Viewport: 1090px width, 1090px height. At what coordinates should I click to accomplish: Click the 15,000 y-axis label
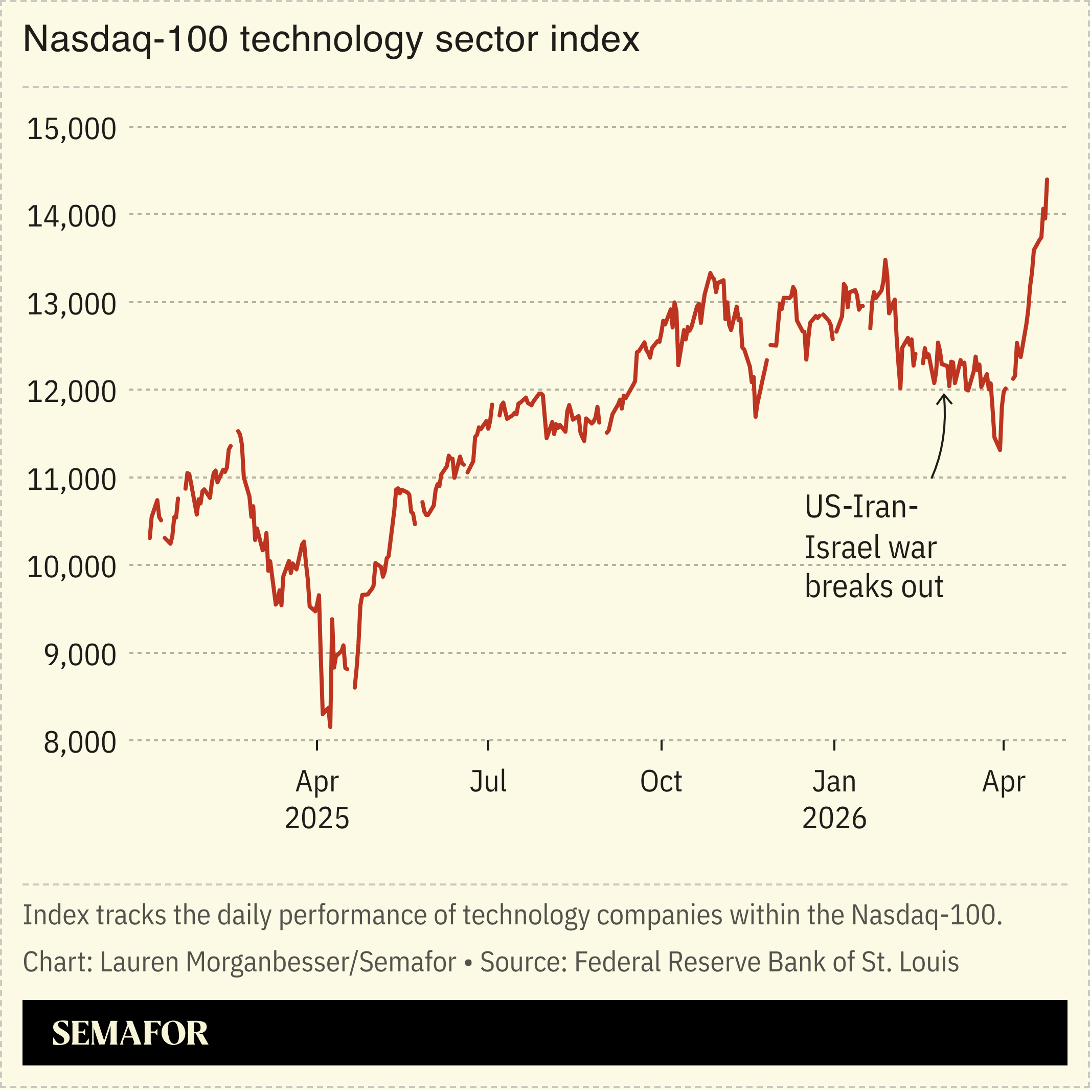(72, 129)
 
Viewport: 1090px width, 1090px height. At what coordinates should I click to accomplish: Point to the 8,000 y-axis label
(80, 742)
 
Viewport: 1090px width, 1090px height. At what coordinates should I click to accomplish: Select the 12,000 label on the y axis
(72, 392)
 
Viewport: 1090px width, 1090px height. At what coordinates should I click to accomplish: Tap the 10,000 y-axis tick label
(72, 566)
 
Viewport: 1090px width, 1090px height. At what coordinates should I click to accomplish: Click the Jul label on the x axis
(488, 782)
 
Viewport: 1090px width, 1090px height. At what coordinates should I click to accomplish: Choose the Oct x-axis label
(661, 782)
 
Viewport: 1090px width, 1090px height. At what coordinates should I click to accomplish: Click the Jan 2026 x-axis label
(834, 800)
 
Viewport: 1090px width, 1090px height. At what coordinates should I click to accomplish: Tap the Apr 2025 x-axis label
(317, 800)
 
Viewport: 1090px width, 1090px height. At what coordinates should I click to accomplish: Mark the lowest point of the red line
(330, 727)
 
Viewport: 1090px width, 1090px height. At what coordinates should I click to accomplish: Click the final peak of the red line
(1047, 179)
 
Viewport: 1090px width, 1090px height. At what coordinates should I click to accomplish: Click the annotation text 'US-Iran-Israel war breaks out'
(873, 547)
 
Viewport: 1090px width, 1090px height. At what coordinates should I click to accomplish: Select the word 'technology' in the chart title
(332, 39)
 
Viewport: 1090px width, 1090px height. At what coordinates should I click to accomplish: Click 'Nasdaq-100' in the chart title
(125, 39)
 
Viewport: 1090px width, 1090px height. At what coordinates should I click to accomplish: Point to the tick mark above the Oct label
(661, 745)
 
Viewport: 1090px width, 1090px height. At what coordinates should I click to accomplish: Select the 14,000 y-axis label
(72, 216)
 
